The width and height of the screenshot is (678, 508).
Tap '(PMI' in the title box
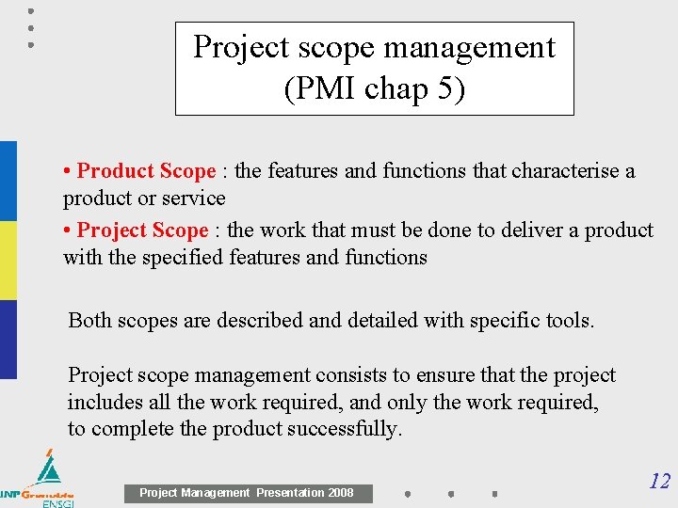coord(318,90)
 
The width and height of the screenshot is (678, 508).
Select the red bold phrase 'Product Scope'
coord(146,171)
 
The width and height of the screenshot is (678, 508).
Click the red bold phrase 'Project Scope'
coord(142,230)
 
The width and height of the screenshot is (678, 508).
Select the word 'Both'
coord(89,321)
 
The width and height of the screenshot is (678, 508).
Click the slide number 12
coord(659,482)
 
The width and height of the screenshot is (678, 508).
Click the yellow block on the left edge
coord(8,261)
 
